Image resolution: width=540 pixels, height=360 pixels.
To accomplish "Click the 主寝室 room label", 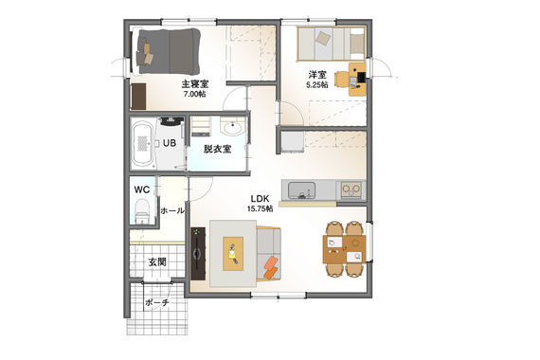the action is [x=195, y=84].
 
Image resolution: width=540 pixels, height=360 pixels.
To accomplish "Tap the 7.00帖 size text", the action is [x=195, y=94].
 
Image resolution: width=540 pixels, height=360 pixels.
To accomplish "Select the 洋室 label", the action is [x=317, y=75].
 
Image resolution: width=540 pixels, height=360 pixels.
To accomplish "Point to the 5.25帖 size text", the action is [x=317, y=84].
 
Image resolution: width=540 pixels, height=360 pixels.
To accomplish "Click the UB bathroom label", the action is [x=170, y=143].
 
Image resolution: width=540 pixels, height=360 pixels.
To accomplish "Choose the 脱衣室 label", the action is [x=217, y=149].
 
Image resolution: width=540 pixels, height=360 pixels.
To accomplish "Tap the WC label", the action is [x=142, y=189].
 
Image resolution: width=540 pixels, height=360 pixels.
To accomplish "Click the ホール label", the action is [x=172, y=211].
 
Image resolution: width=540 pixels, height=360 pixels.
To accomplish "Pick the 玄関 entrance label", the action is [x=157, y=262].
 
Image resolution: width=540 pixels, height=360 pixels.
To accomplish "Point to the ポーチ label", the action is [x=157, y=303].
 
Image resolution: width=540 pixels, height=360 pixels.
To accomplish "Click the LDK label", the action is [x=260, y=199].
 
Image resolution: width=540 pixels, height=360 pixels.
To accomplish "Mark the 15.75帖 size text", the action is [x=260, y=208].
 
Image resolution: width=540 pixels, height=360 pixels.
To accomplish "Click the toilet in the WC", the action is [x=141, y=212].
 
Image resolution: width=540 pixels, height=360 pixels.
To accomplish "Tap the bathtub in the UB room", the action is [x=142, y=143].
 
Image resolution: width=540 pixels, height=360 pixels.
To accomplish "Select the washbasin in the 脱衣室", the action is [x=232, y=127].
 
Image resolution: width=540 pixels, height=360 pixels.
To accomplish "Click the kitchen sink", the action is [x=301, y=190].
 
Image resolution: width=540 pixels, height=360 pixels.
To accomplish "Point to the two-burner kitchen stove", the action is [x=351, y=189].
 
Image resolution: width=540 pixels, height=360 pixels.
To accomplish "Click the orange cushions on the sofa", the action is [x=270, y=267].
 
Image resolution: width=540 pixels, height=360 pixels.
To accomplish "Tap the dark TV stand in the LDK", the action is [x=198, y=253].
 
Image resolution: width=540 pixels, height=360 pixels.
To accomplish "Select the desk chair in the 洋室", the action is [x=341, y=80].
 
